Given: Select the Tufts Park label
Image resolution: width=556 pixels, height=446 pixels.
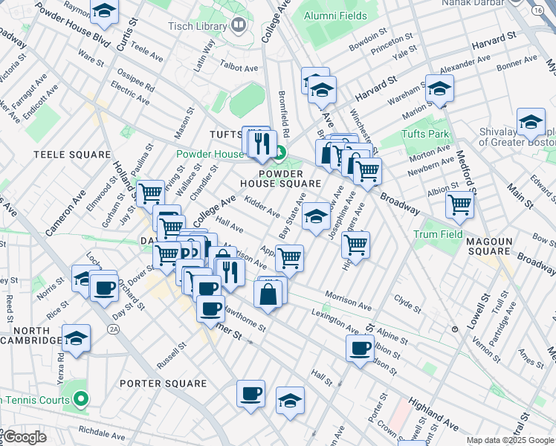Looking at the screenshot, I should (x=425, y=134).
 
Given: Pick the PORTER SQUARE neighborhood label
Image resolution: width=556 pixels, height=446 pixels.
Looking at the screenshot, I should (x=162, y=384).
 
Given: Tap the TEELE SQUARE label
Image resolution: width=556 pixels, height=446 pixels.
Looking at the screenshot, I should (x=72, y=155).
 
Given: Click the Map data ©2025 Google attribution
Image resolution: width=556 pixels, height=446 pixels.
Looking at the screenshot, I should (x=510, y=440).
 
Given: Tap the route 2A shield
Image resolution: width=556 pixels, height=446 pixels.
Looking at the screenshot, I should (x=114, y=328).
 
